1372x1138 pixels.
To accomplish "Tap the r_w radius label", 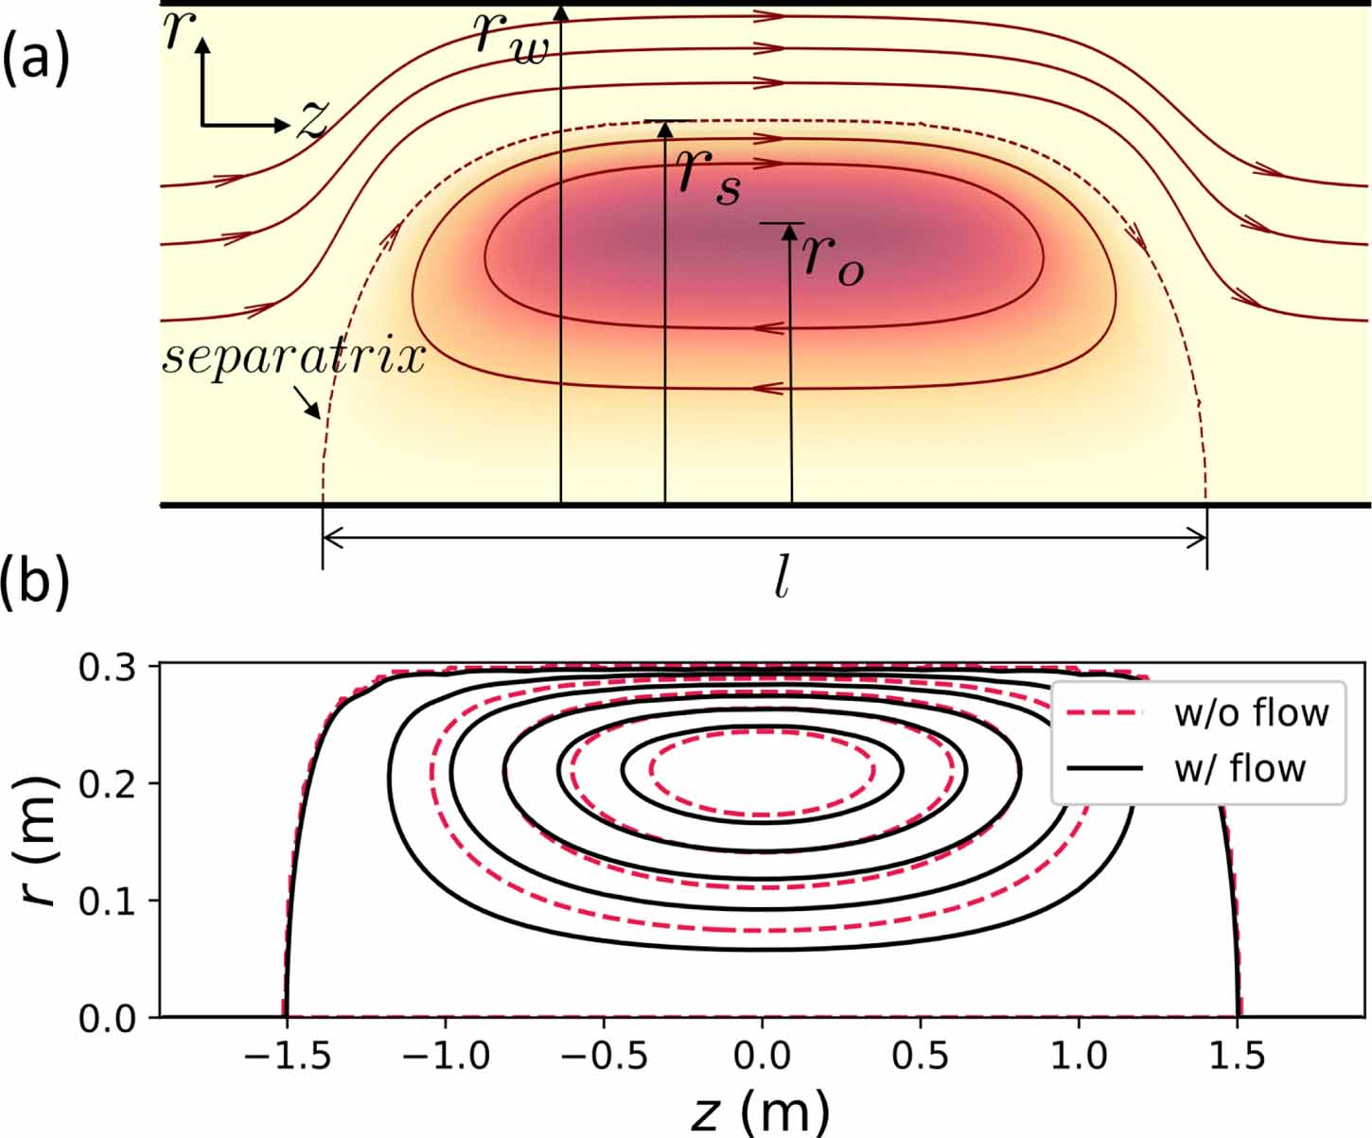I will [511, 38].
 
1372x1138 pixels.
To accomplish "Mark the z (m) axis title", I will [761, 1112].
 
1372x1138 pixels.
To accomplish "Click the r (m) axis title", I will [40, 842].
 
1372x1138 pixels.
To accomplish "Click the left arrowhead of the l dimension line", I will [329, 537].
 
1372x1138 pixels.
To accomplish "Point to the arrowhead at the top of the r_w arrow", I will [561, 12].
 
